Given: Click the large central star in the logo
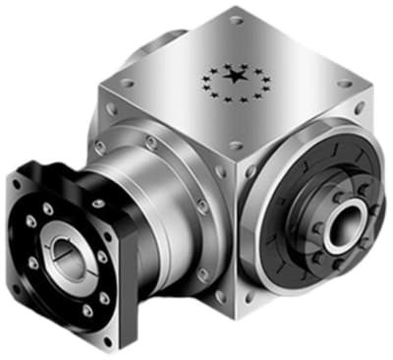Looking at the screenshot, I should click(235, 76).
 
